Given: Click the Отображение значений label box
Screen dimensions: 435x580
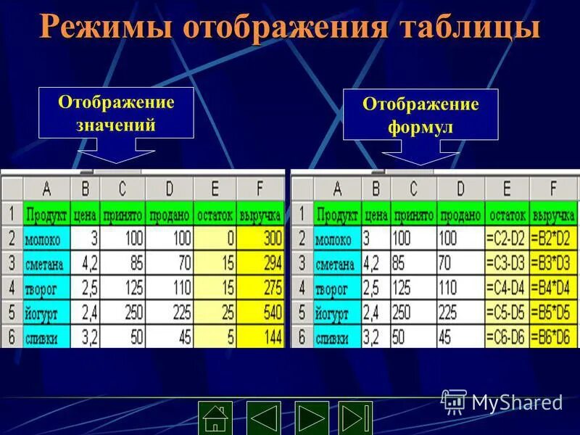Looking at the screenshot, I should (x=116, y=112).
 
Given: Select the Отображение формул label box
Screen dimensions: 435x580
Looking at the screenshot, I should (x=420, y=115).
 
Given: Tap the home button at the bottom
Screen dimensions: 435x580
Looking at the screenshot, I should (x=215, y=418).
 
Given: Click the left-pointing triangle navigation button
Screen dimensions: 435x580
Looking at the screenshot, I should (x=264, y=418).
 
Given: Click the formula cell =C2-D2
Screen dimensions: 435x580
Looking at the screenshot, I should (x=507, y=239).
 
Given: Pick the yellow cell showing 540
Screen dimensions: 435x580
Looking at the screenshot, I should (x=261, y=312).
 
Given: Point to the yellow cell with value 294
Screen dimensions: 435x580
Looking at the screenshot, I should (x=261, y=263).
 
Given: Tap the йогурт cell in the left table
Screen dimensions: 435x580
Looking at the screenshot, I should (x=46, y=313).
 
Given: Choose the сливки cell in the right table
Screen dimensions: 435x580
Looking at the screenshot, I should (x=337, y=338).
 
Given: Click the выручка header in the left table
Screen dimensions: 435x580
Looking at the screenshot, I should (x=260, y=215).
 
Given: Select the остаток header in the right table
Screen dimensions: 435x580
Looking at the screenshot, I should (x=507, y=215).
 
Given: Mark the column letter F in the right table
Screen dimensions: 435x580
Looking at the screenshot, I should (x=552, y=189).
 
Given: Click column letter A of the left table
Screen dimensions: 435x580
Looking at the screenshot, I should (x=46, y=189).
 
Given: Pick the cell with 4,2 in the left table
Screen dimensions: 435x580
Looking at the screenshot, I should (x=86, y=263).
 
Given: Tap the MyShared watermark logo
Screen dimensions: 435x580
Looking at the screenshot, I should (x=503, y=402).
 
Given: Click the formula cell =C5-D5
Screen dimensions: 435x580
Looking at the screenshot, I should (x=507, y=312).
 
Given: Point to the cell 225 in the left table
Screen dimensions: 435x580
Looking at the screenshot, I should (x=169, y=312).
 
